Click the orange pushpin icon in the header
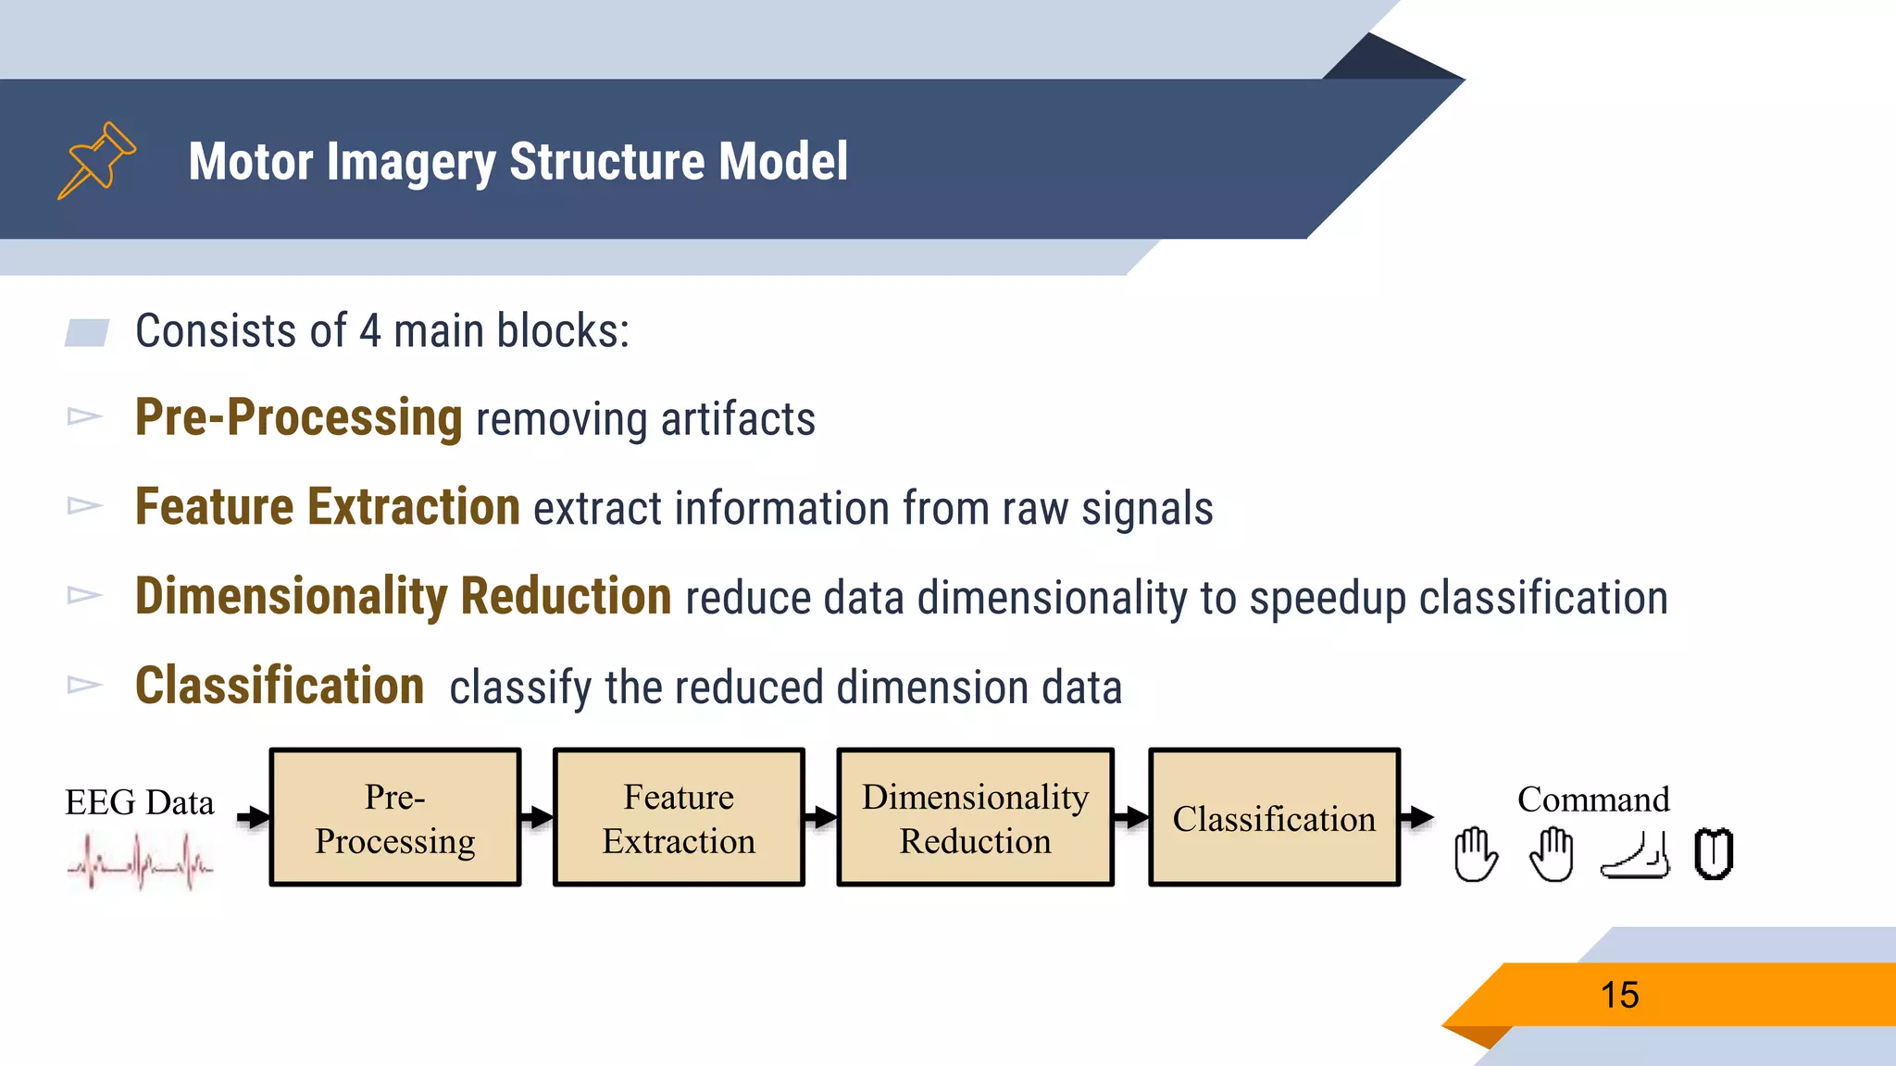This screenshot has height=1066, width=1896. [x=97, y=160]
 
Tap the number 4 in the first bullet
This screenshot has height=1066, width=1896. [x=369, y=330]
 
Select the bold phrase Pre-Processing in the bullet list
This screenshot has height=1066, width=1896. [x=298, y=417]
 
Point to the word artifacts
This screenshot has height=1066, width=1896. [x=738, y=419]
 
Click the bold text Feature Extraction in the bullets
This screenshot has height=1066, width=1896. [x=328, y=507]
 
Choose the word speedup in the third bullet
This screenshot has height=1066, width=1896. [x=1328, y=598]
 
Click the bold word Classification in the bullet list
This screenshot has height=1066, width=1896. [x=280, y=686]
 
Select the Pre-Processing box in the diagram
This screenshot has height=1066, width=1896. [x=395, y=818]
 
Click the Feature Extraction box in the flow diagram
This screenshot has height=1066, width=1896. [x=679, y=818]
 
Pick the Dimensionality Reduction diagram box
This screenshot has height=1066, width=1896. [x=975, y=818]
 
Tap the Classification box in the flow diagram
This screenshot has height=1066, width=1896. [x=1274, y=818]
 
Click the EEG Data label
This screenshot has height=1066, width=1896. [x=139, y=802]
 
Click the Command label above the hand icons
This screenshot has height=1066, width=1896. [x=1593, y=799]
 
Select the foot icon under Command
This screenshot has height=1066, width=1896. [x=1636, y=855]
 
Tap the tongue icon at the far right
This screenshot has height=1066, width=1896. [x=1714, y=854]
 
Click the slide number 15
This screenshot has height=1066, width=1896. [x=1619, y=996]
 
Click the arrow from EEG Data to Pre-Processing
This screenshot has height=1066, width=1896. [x=253, y=817]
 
